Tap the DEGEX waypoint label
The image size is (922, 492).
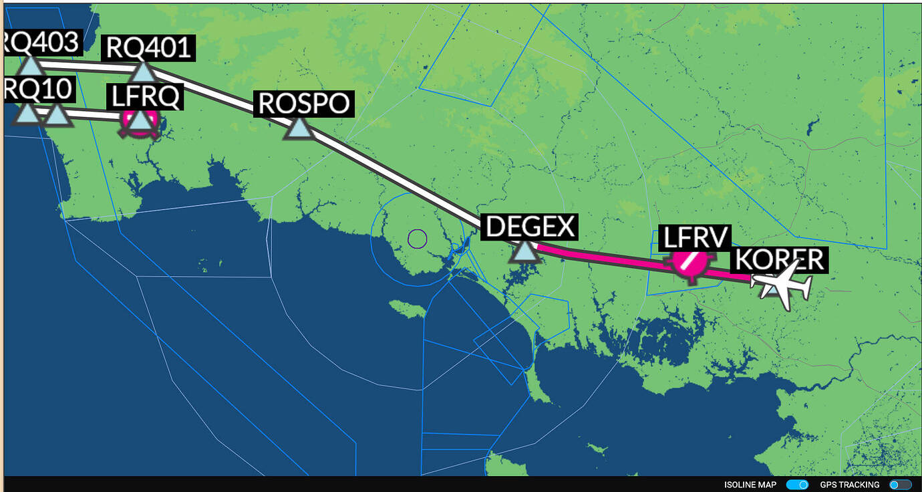point(530,227)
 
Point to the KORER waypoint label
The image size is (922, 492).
point(779,260)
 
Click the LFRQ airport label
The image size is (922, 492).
point(145,97)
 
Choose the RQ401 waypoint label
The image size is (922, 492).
point(148,48)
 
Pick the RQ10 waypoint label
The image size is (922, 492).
point(37,89)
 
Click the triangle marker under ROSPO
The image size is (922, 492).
point(299,128)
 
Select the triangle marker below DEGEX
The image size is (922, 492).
point(524,252)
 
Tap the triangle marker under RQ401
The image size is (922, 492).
point(144,71)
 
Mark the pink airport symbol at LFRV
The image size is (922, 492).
point(689,263)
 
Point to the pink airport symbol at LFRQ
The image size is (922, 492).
point(140,121)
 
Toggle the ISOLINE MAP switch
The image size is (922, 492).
point(797,485)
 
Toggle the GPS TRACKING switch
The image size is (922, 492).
point(900,485)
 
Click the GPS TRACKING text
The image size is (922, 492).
point(849,485)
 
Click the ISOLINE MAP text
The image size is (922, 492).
point(750,485)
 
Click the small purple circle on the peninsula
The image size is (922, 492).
point(417,238)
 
